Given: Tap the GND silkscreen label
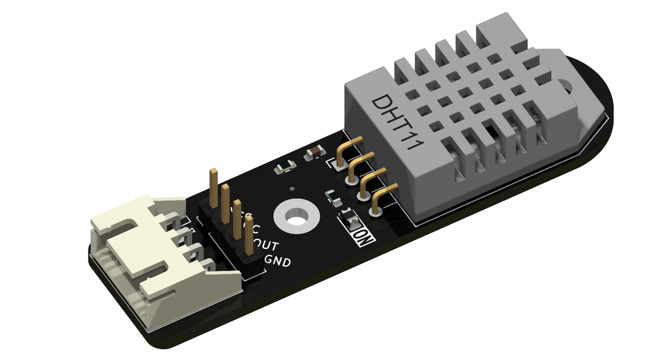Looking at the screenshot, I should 277,260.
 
